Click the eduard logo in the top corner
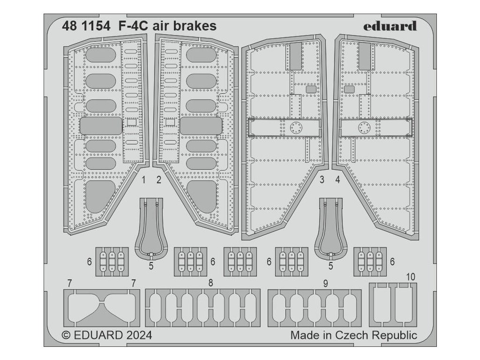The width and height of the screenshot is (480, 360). pos(390,26)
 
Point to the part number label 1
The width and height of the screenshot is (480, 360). pos(144,180)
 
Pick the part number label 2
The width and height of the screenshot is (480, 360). pos(159,180)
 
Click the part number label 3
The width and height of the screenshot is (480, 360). pos(322,180)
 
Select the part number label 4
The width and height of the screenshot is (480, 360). pos(337,180)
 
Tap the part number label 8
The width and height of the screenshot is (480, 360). pos(210,283)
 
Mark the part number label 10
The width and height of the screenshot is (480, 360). pos(411,277)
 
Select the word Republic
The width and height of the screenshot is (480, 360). pos(394,336)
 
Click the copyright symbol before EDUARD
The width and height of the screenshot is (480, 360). pos(66,336)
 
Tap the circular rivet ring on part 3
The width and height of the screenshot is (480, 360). pos(295,127)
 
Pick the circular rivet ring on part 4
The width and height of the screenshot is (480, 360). pos(364,127)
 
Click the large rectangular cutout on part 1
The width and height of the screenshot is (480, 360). pos(101,126)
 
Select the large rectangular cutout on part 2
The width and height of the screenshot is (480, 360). pos(201,126)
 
